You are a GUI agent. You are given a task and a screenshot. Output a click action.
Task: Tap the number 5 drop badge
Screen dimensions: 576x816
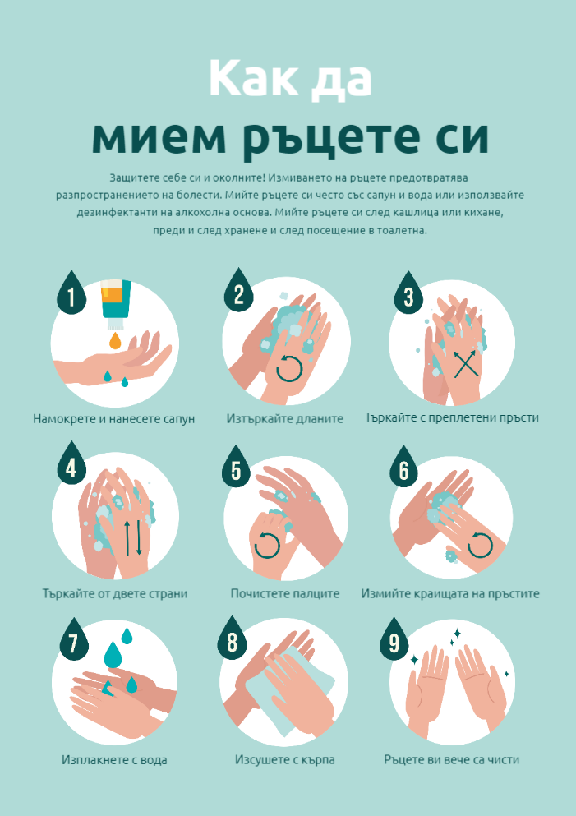pos(236,468)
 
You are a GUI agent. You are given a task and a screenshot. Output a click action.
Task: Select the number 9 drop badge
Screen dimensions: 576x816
pos(394,641)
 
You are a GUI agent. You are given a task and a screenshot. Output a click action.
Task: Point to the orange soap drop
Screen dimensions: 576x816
pos(115,341)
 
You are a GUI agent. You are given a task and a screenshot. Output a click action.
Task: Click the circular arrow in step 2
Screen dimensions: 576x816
pos(289,368)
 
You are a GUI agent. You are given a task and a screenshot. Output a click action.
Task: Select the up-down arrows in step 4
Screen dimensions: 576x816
pos(132,537)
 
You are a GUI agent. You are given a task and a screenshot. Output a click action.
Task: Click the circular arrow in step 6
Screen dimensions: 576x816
pos(480,546)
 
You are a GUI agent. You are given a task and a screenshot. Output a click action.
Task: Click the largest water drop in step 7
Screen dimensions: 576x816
pos(113,655)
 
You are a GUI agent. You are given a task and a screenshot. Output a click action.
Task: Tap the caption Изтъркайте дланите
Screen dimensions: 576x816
pos(284,418)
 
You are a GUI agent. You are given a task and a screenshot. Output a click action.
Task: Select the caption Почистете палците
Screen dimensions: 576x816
pos(284,593)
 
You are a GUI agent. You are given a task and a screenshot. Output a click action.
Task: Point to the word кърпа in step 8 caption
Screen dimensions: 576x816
pos(316,760)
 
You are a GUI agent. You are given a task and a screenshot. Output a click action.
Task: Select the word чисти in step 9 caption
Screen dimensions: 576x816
pos(503,760)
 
